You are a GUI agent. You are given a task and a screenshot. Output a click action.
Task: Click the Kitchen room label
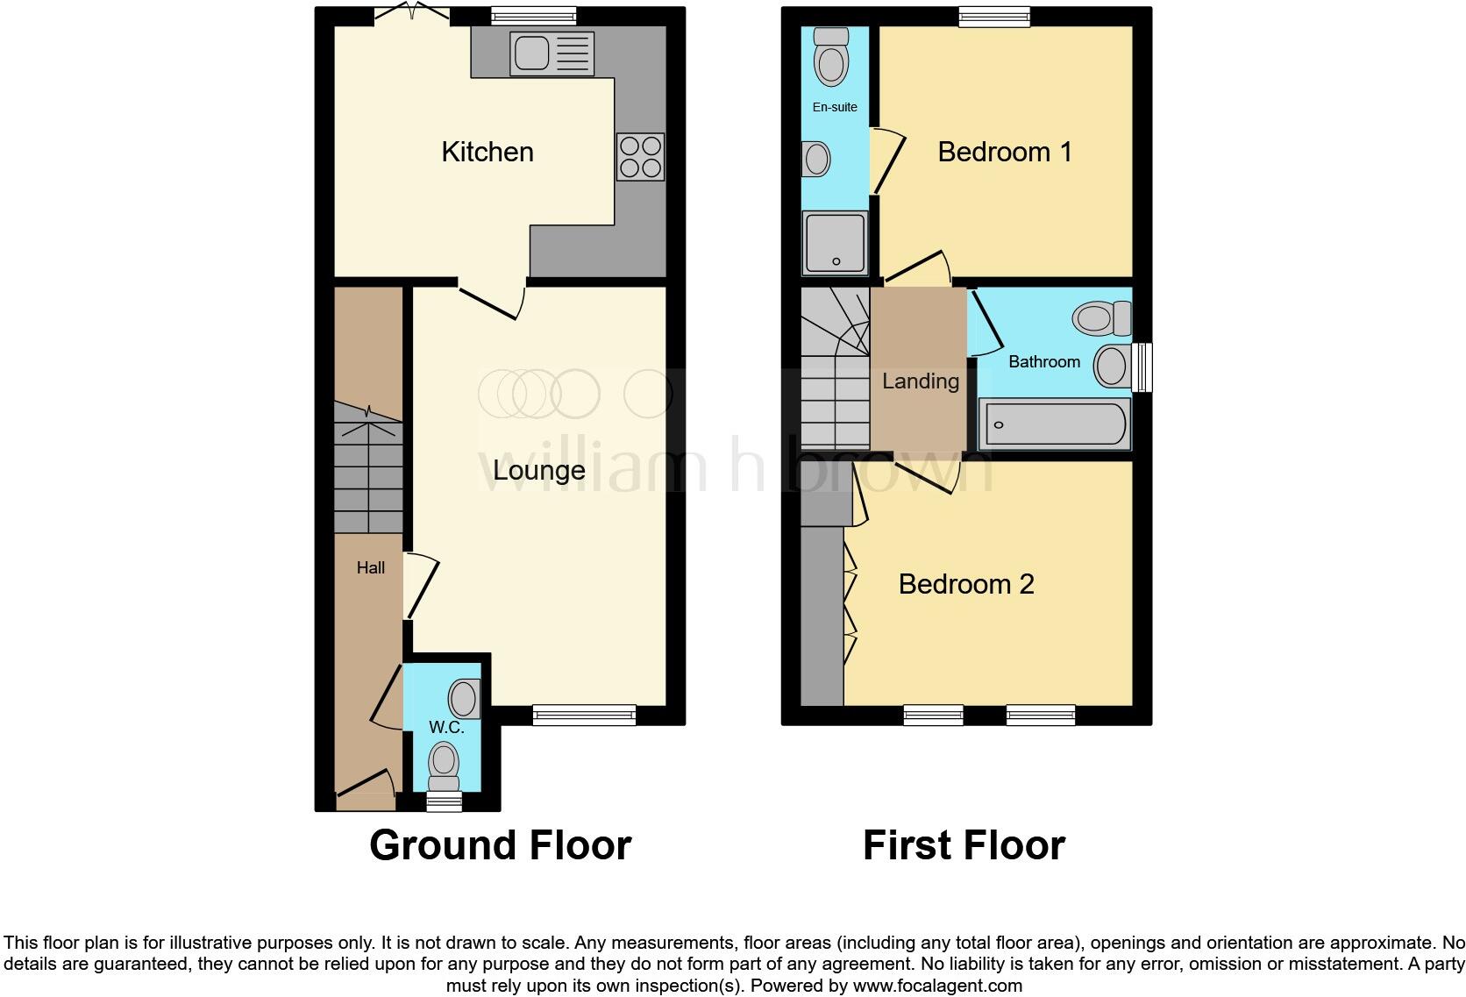[487, 152]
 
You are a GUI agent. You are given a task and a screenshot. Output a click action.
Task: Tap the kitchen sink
[552, 53]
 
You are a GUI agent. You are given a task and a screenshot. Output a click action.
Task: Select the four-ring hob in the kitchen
[640, 157]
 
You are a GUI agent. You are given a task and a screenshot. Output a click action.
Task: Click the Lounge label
[538, 470]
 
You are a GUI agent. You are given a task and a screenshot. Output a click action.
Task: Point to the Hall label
[370, 567]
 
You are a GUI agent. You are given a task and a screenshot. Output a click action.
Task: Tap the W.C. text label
[446, 727]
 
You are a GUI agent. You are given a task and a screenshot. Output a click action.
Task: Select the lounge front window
[584, 716]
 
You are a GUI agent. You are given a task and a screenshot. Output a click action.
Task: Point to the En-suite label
[835, 107]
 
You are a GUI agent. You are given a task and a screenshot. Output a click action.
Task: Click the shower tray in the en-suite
[835, 242]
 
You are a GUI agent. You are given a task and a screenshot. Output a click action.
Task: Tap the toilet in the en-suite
[830, 56]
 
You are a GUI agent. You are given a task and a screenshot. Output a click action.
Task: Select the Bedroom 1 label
[1005, 152]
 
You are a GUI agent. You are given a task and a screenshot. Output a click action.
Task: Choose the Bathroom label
[1043, 361]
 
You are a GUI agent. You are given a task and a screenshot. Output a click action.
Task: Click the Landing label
[920, 381]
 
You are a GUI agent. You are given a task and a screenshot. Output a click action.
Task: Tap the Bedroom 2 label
[966, 584]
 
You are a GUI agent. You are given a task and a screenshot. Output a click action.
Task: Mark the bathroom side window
[1142, 367]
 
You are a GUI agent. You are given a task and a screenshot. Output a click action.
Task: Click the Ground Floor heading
[500, 845]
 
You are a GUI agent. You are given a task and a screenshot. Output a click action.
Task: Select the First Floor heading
[964, 845]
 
